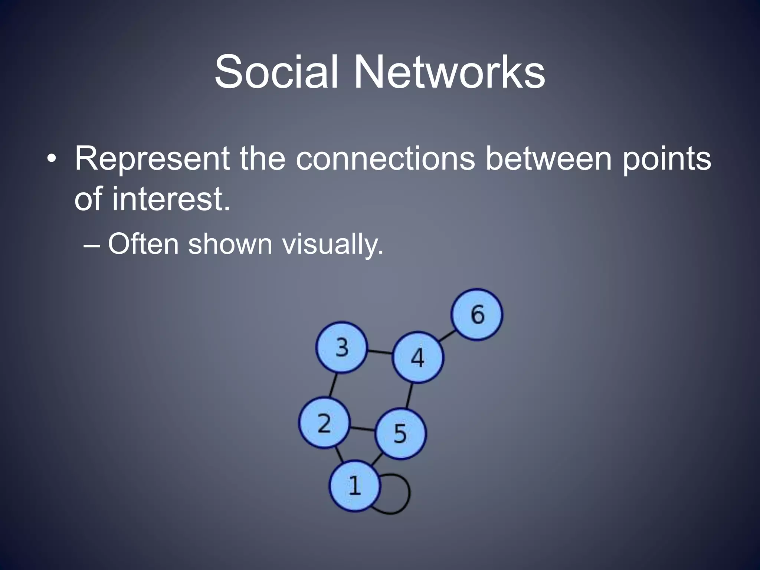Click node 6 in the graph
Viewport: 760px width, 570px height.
pyautogui.click(x=477, y=314)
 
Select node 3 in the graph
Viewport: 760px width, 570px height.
pyautogui.click(x=342, y=347)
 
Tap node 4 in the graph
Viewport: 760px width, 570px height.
pyautogui.click(x=418, y=357)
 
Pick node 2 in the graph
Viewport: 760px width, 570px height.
pyautogui.click(x=325, y=422)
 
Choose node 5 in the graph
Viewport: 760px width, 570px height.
pyautogui.click(x=400, y=433)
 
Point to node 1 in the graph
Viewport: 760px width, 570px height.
pyautogui.click(x=355, y=486)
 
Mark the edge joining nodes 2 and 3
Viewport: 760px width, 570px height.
pyautogui.click(x=333, y=385)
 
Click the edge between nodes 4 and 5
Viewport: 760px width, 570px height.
pyautogui.click(x=409, y=396)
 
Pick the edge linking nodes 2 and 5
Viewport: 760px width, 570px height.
pyautogui.click(x=363, y=429)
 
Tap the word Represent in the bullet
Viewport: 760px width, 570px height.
pyautogui.click(x=152, y=159)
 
